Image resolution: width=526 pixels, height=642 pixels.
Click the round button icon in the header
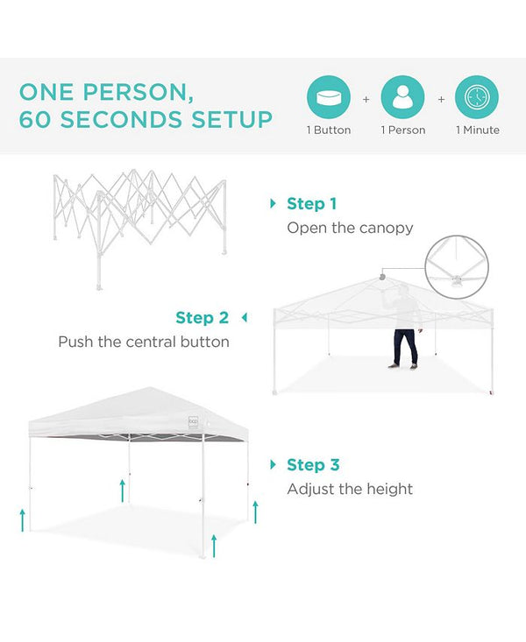[x=329, y=97]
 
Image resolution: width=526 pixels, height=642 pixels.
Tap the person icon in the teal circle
[x=402, y=97]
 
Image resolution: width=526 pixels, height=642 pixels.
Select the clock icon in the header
[x=477, y=97]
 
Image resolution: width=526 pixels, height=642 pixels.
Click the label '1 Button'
[x=329, y=131]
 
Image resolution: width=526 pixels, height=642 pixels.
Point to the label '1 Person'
[x=402, y=131]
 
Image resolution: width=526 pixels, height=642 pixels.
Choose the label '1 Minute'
[x=477, y=131]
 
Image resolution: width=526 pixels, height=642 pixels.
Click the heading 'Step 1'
[x=311, y=204]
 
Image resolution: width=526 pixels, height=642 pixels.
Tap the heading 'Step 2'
[x=202, y=318]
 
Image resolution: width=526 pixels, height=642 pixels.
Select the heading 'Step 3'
[x=313, y=465]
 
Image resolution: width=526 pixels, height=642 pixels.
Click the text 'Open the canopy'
[x=350, y=229]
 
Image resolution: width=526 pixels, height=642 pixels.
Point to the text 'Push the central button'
[x=144, y=342]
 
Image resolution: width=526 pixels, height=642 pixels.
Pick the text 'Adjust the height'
[x=350, y=489]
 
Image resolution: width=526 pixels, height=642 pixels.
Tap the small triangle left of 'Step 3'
[x=274, y=465]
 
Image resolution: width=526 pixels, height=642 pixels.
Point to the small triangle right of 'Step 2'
[x=244, y=317]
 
